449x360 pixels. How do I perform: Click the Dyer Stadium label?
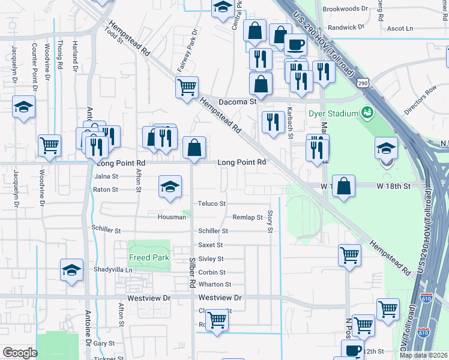pos(332,113)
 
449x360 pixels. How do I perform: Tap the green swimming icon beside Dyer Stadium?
pos(366,112)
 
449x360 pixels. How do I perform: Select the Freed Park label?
pos(149,257)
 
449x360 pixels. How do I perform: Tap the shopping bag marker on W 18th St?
pos(343,186)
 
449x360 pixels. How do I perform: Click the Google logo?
pos(20,353)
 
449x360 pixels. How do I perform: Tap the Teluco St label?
pos(212,204)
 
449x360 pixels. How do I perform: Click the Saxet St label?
pos(211,245)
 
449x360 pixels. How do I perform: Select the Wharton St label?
pos(215,284)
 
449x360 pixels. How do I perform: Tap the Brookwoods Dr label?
pos(345,9)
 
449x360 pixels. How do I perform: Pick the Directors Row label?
pos(420,102)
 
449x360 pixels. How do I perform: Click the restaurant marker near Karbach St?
pos(274,122)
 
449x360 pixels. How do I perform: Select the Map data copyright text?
pos(424,355)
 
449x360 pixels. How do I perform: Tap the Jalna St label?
pos(106,176)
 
